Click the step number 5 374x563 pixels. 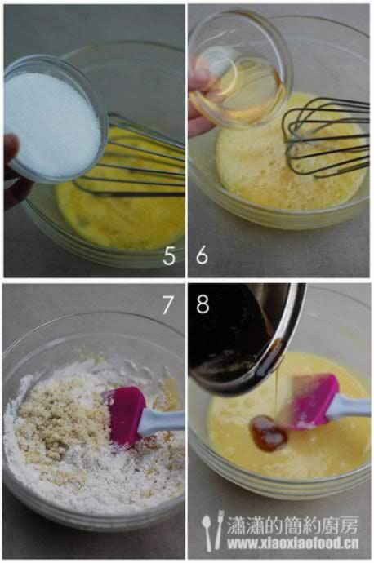click(x=169, y=256)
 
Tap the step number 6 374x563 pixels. click(x=202, y=255)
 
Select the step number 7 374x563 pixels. click(x=167, y=305)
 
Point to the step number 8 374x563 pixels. click(x=203, y=304)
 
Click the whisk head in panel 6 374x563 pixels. click(x=325, y=138)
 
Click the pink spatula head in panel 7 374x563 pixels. click(x=125, y=416)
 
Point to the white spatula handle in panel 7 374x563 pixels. click(x=162, y=422)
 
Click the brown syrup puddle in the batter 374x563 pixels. click(x=268, y=433)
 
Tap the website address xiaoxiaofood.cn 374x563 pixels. click(x=293, y=543)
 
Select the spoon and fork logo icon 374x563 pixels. click(x=212, y=530)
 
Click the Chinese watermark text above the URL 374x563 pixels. click(x=292, y=525)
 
